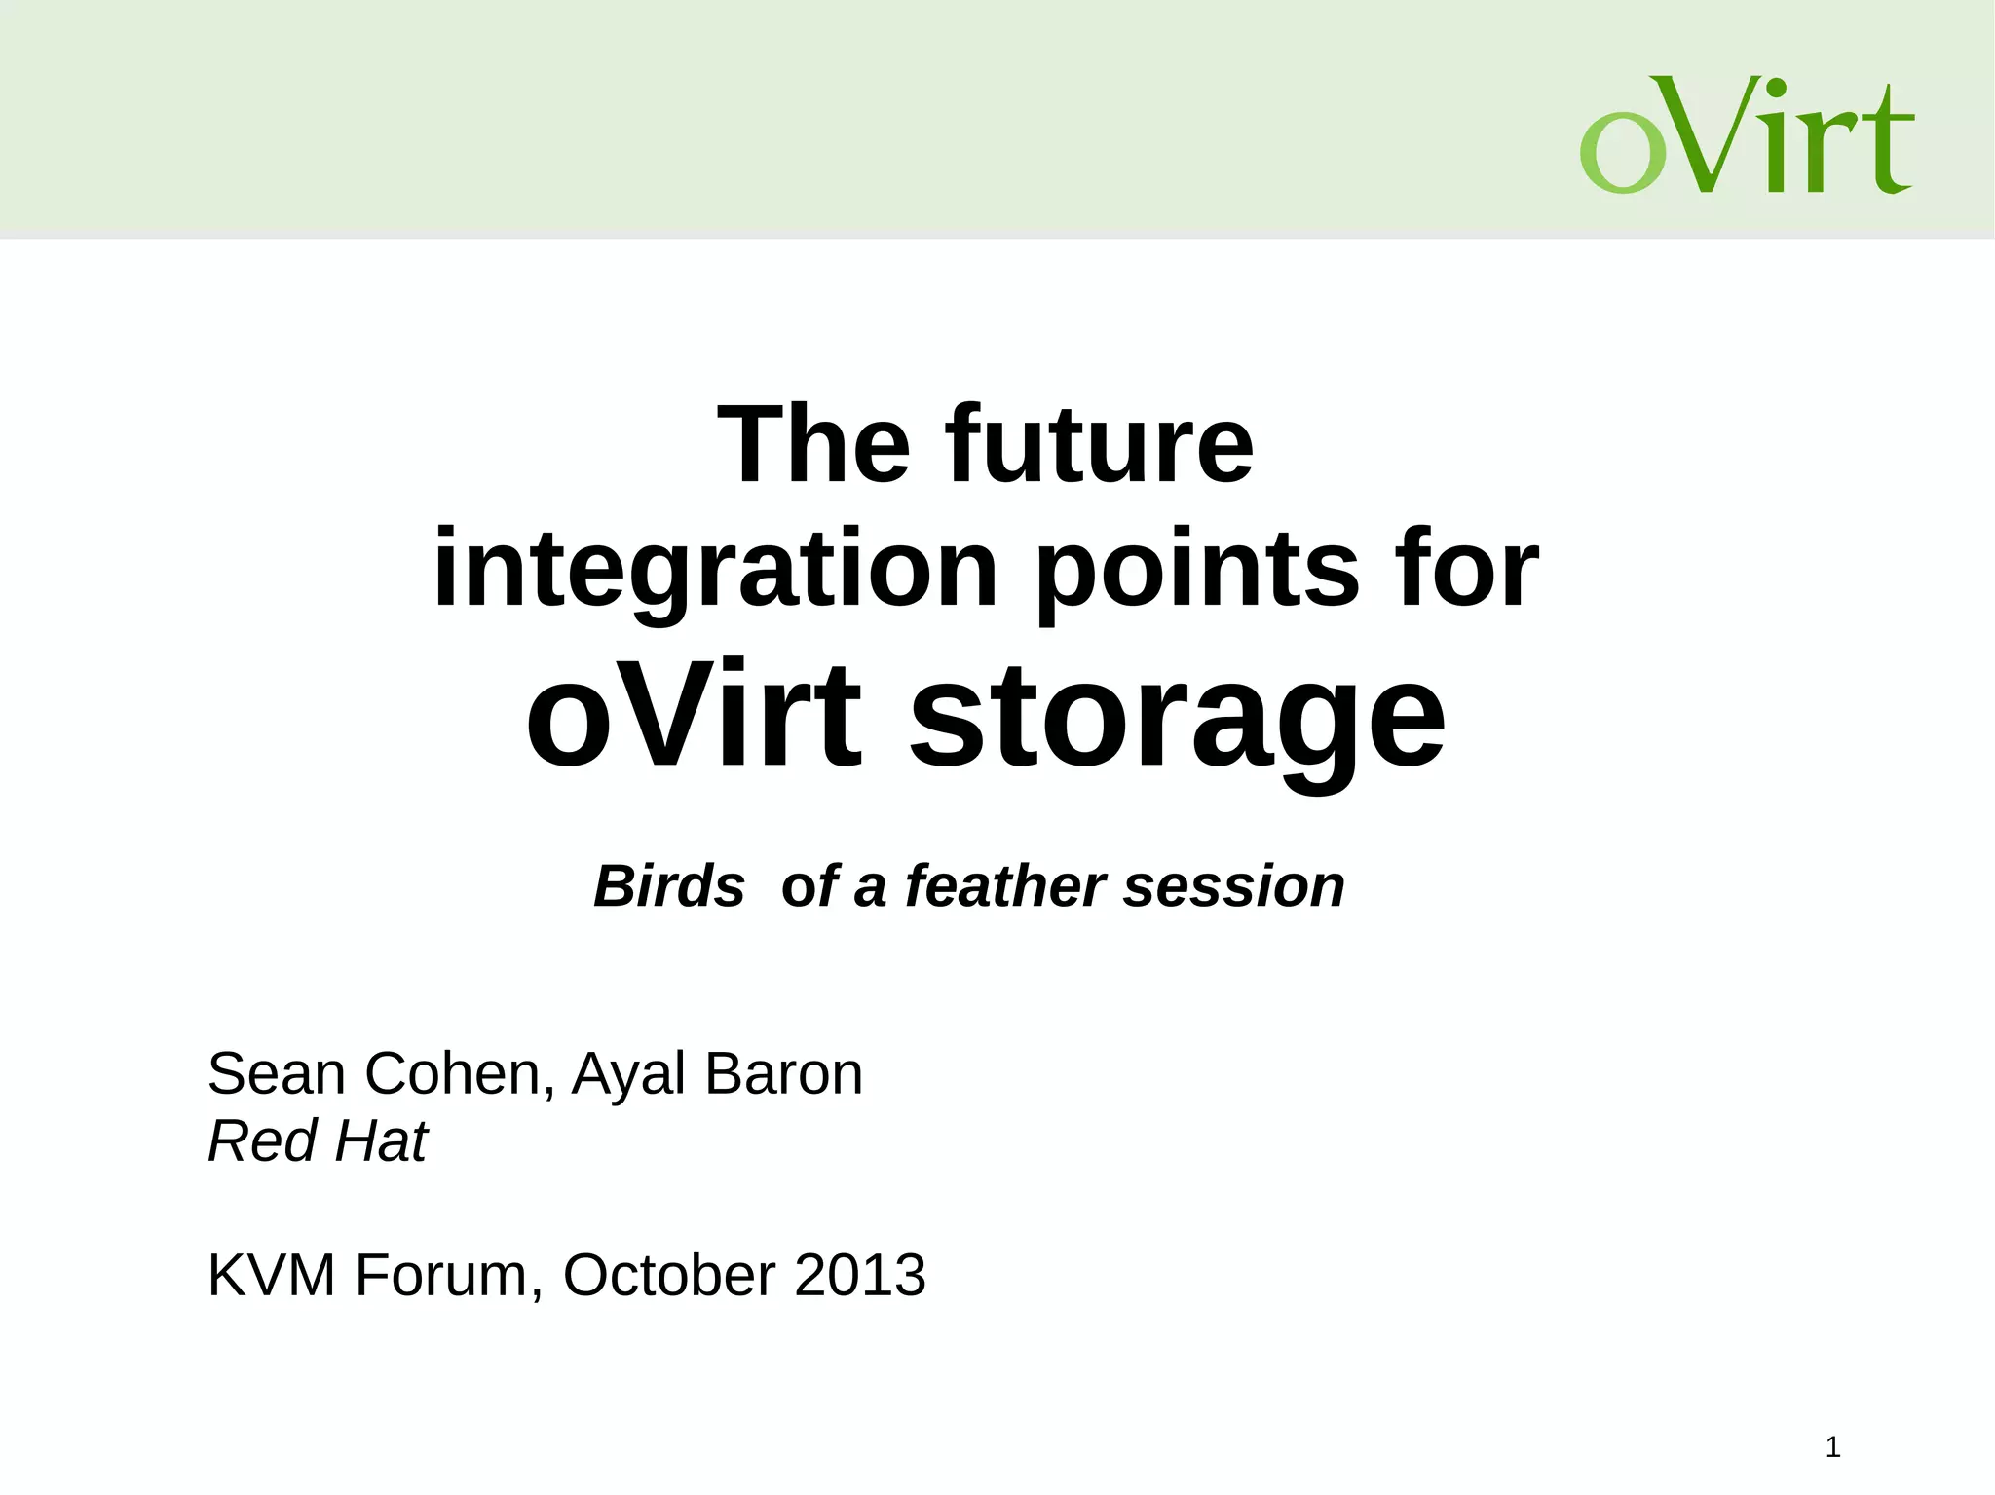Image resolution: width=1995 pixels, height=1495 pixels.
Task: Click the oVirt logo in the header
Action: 1746,134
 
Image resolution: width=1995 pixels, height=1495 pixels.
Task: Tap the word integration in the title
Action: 715,569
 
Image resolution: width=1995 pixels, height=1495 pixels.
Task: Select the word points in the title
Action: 1196,569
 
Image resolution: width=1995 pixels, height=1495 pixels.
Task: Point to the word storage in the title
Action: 1177,716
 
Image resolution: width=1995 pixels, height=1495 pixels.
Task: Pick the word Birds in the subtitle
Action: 669,886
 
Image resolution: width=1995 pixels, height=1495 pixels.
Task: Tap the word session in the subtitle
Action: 1234,886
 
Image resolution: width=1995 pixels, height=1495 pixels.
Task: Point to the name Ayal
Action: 628,1075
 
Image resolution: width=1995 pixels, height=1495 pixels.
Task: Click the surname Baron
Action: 783,1073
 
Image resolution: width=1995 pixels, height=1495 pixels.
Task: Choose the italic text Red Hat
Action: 318,1140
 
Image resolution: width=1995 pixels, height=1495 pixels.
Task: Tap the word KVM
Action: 272,1275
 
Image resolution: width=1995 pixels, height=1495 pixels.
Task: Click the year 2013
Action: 859,1275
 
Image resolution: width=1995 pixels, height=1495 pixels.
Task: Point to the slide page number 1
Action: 1832,1447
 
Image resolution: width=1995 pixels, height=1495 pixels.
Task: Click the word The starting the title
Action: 813,445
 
